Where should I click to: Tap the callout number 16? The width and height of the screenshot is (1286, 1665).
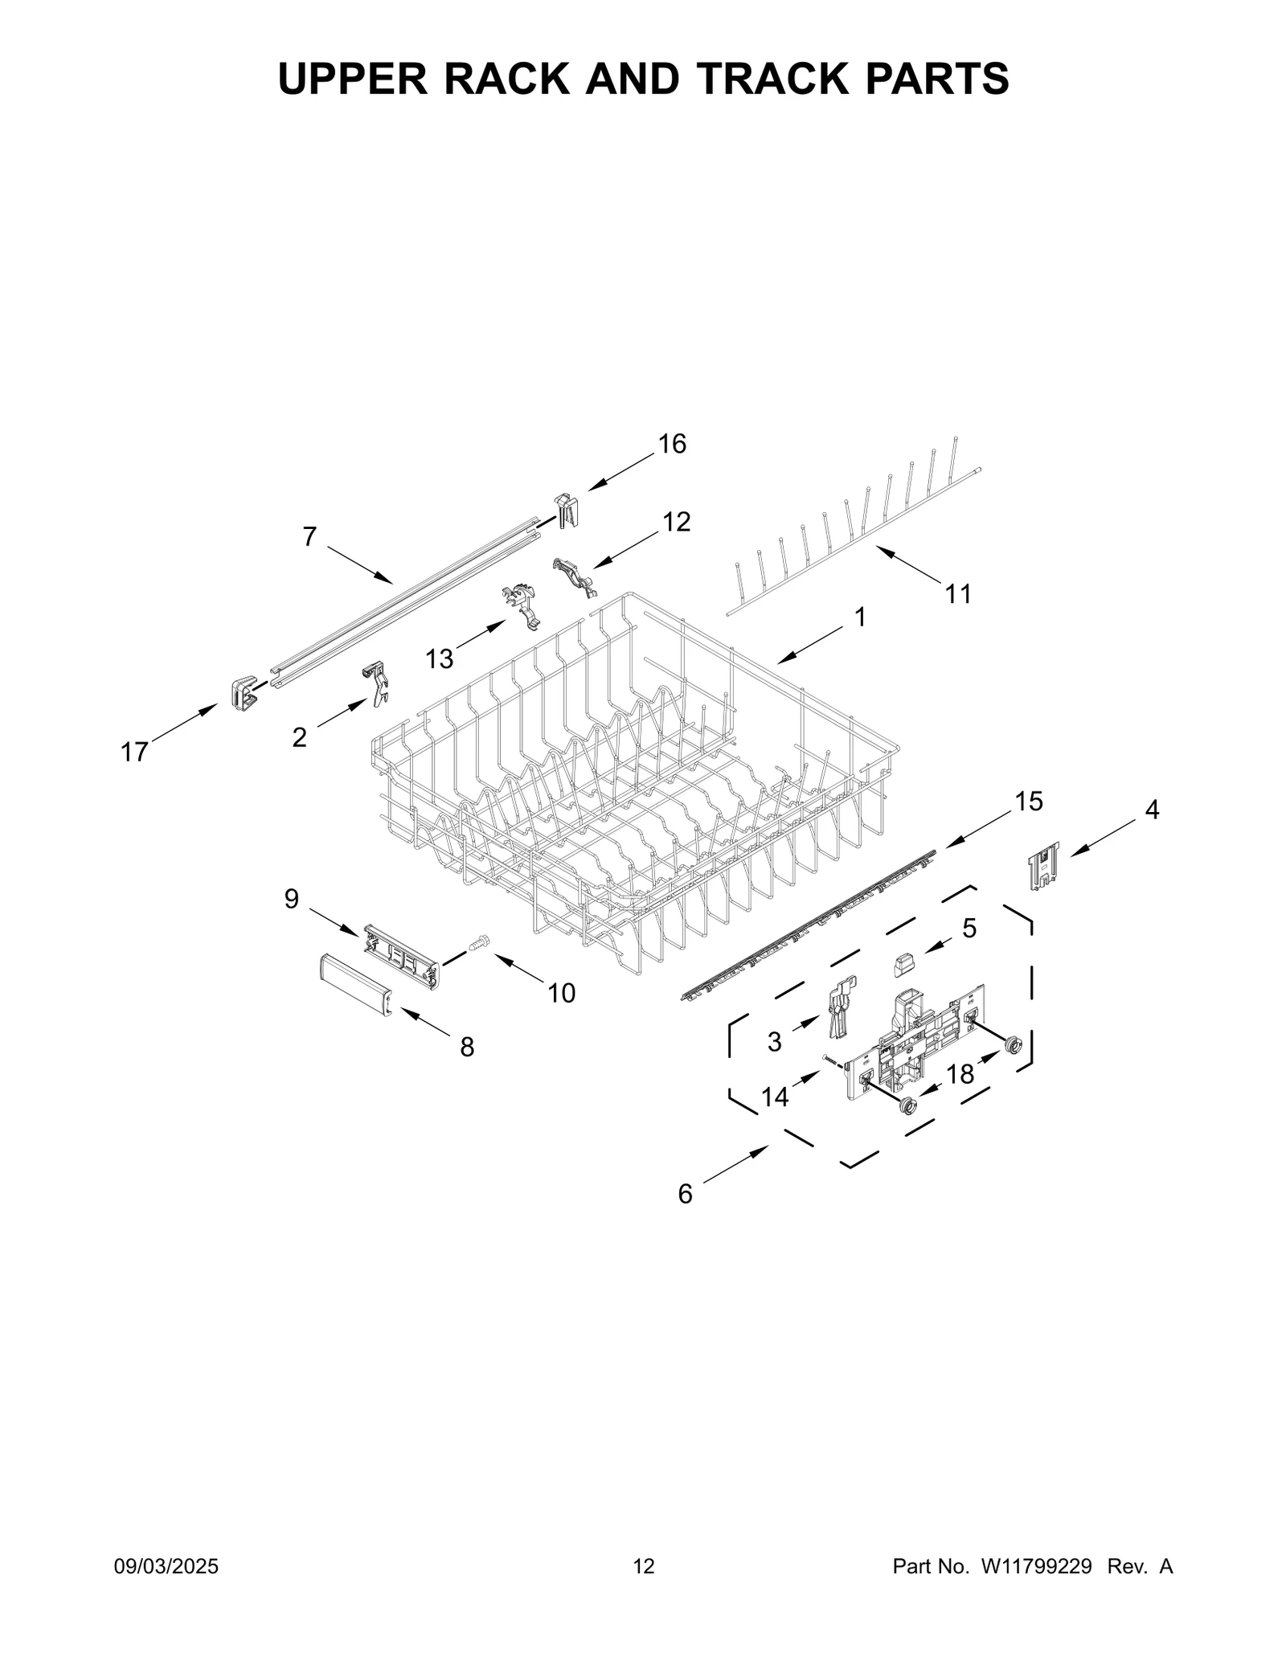pos(672,444)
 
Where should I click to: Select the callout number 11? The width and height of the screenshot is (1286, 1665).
pos(958,594)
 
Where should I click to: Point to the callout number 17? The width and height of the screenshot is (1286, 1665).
pos(134,752)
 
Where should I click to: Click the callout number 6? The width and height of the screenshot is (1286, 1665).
pos(685,1216)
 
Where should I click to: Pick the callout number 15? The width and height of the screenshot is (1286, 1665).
pos(1028,801)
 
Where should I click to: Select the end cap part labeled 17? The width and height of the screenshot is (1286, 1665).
pos(242,693)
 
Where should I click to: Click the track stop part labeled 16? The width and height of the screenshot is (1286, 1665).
pos(567,511)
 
